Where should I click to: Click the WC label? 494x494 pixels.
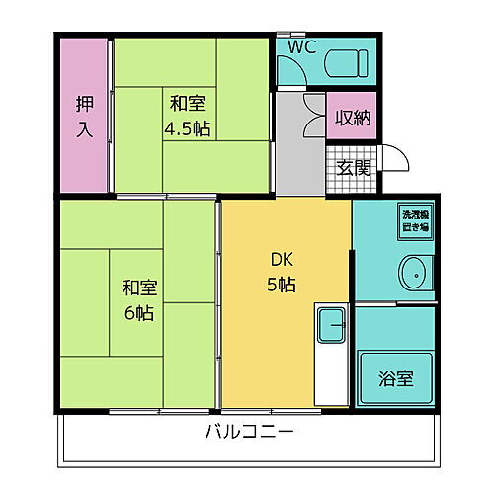[302, 47]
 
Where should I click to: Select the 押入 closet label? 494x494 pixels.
[85, 116]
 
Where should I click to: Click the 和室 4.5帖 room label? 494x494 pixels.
[187, 115]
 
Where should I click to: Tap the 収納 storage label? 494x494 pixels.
[352, 118]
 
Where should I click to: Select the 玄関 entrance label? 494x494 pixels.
[354, 167]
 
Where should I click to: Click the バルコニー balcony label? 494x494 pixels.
[250, 433]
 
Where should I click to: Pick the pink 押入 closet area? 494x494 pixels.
[83, 148]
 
